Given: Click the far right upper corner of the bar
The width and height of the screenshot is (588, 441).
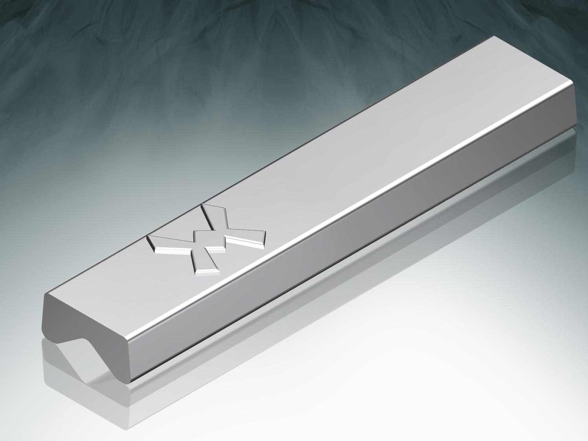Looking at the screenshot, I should pos(572,84).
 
